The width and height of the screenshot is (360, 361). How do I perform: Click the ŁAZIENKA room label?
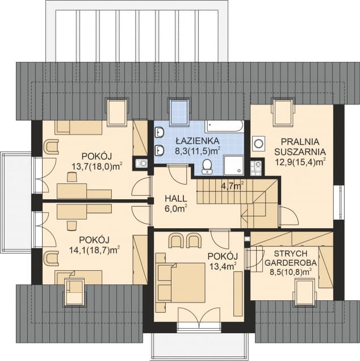tap(198, 140)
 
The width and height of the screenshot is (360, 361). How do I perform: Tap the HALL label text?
tap(175, 199)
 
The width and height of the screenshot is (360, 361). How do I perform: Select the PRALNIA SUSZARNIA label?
tap(300, 146)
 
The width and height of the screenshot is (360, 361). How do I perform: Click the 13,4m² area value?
tap(223, 267)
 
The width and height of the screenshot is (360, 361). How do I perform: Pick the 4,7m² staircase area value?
tap(232, 186)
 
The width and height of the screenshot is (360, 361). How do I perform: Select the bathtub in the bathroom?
tap(224, 127)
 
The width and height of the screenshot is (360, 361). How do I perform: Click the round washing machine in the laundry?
tap(258, 144)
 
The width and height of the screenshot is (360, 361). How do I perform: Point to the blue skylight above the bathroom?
tap(179, 112)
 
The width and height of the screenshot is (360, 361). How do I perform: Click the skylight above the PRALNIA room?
tap(283, 112)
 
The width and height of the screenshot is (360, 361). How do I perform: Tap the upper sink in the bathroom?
tap(160, 132)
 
